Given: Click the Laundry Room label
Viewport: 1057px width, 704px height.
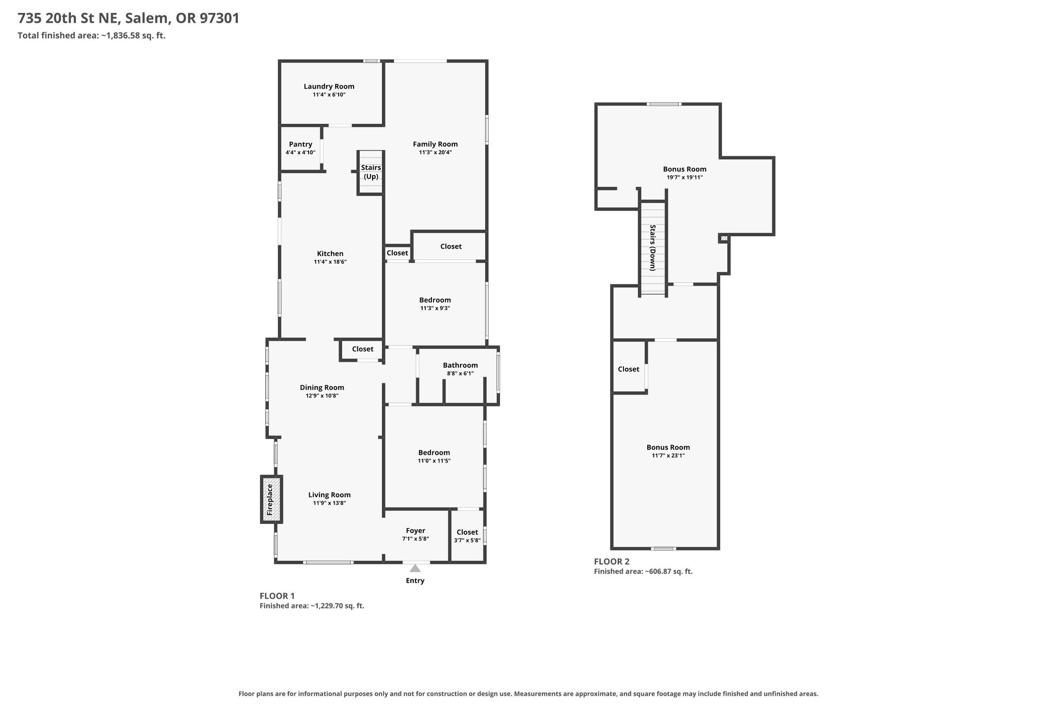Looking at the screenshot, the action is (329, 87).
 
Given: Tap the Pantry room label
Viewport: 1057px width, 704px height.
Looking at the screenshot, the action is (300, 144).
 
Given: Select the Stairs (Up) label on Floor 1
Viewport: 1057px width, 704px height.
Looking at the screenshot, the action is (371, 172).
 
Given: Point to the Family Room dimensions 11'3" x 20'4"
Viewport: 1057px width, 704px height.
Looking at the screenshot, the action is (435, 153).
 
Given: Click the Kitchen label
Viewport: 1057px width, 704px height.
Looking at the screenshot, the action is (330, 254).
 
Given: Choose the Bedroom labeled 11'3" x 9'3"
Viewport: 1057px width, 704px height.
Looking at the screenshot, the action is (435, 300).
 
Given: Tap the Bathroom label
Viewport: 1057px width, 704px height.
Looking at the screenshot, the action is (460, 365).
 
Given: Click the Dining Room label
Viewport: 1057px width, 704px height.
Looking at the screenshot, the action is (322, 388).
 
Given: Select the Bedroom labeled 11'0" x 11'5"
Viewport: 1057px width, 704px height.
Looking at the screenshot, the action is (434, 453).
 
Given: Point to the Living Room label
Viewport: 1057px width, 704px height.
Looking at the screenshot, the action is (329, 495).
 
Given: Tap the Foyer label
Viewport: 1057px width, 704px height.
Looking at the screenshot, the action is (415, 531).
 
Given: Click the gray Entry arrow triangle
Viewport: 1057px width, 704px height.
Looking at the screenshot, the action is (415, 568).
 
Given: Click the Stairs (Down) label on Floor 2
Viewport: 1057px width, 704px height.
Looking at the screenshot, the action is (653, 248).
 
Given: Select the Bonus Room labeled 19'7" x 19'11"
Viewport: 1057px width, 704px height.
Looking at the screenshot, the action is (685, 169).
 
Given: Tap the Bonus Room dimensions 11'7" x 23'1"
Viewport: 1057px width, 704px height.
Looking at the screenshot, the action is (668, 456).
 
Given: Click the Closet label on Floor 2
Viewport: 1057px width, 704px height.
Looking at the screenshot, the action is (629, 369).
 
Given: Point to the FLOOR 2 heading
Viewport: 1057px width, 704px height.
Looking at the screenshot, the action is (612, 562).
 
